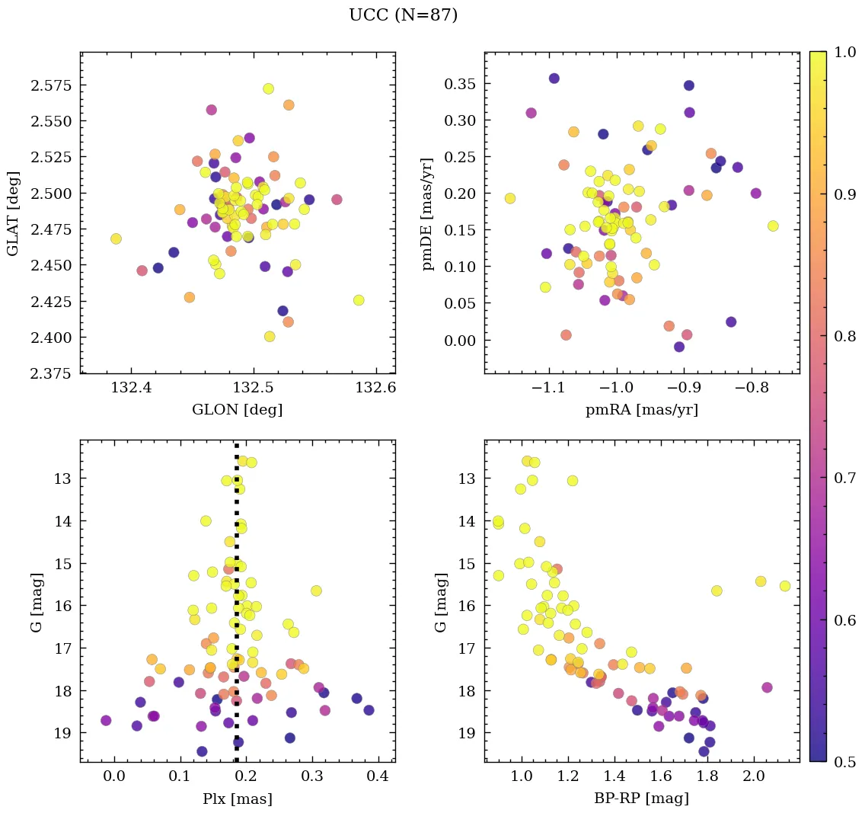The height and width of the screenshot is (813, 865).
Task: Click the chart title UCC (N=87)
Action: click(403, 15)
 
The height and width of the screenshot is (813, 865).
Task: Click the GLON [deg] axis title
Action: click(237, 410)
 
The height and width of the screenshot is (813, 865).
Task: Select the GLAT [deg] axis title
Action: click(13, 213)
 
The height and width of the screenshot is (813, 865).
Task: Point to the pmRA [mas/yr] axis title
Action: click(641, 410)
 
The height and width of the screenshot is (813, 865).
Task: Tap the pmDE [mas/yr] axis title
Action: click(429, 213)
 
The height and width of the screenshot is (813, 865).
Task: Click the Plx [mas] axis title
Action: click(237, 799)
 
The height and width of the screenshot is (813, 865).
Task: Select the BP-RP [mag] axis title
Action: click(641, 799)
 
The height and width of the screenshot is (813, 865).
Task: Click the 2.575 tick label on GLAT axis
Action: click(52, 85)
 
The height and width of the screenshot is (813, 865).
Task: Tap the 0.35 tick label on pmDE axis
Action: click(460, 84)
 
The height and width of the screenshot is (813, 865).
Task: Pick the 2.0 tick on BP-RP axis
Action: click(753, 778)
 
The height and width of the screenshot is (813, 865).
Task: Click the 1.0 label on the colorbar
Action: click(844, 52)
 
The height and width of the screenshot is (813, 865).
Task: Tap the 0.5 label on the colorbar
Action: click(844, 761)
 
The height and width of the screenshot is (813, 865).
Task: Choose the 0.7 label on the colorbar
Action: click(844, 478)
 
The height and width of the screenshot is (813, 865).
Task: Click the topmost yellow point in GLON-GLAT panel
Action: click(268, 88)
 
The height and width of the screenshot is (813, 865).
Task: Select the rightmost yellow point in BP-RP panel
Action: click(784, 586)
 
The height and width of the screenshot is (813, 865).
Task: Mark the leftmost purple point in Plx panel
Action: click(106, 720)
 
